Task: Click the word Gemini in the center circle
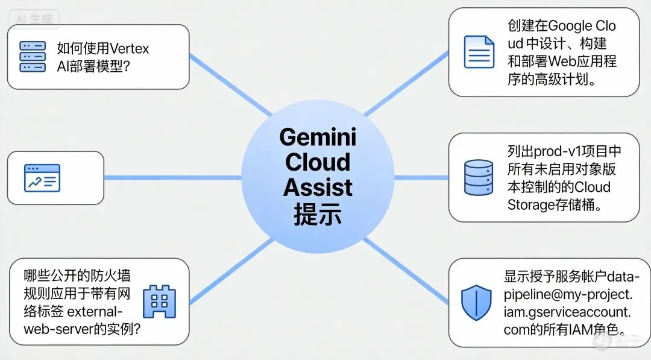pyautogui.click(x=318, y=137)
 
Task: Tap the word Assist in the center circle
pyautogui.click(x=318, y=188)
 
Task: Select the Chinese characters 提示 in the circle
pyautogui.click(x=318, y=213)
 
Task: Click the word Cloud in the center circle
pyautogui.click(x=318, y=162)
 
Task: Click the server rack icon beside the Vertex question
pyautogui.click(x=33, y=57)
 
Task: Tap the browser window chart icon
pyautogui.click(x=42, y=178)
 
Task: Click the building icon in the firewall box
pyautogui.click(x=159, y=302)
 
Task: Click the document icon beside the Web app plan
pyautogui.click(x=479, y=52)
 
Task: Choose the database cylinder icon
pyautogui.click(x=479, y=177)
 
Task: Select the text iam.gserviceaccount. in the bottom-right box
pyautogui.click(x=567, y=312)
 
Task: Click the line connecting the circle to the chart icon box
pyautogui.click(x=172, y=178)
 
